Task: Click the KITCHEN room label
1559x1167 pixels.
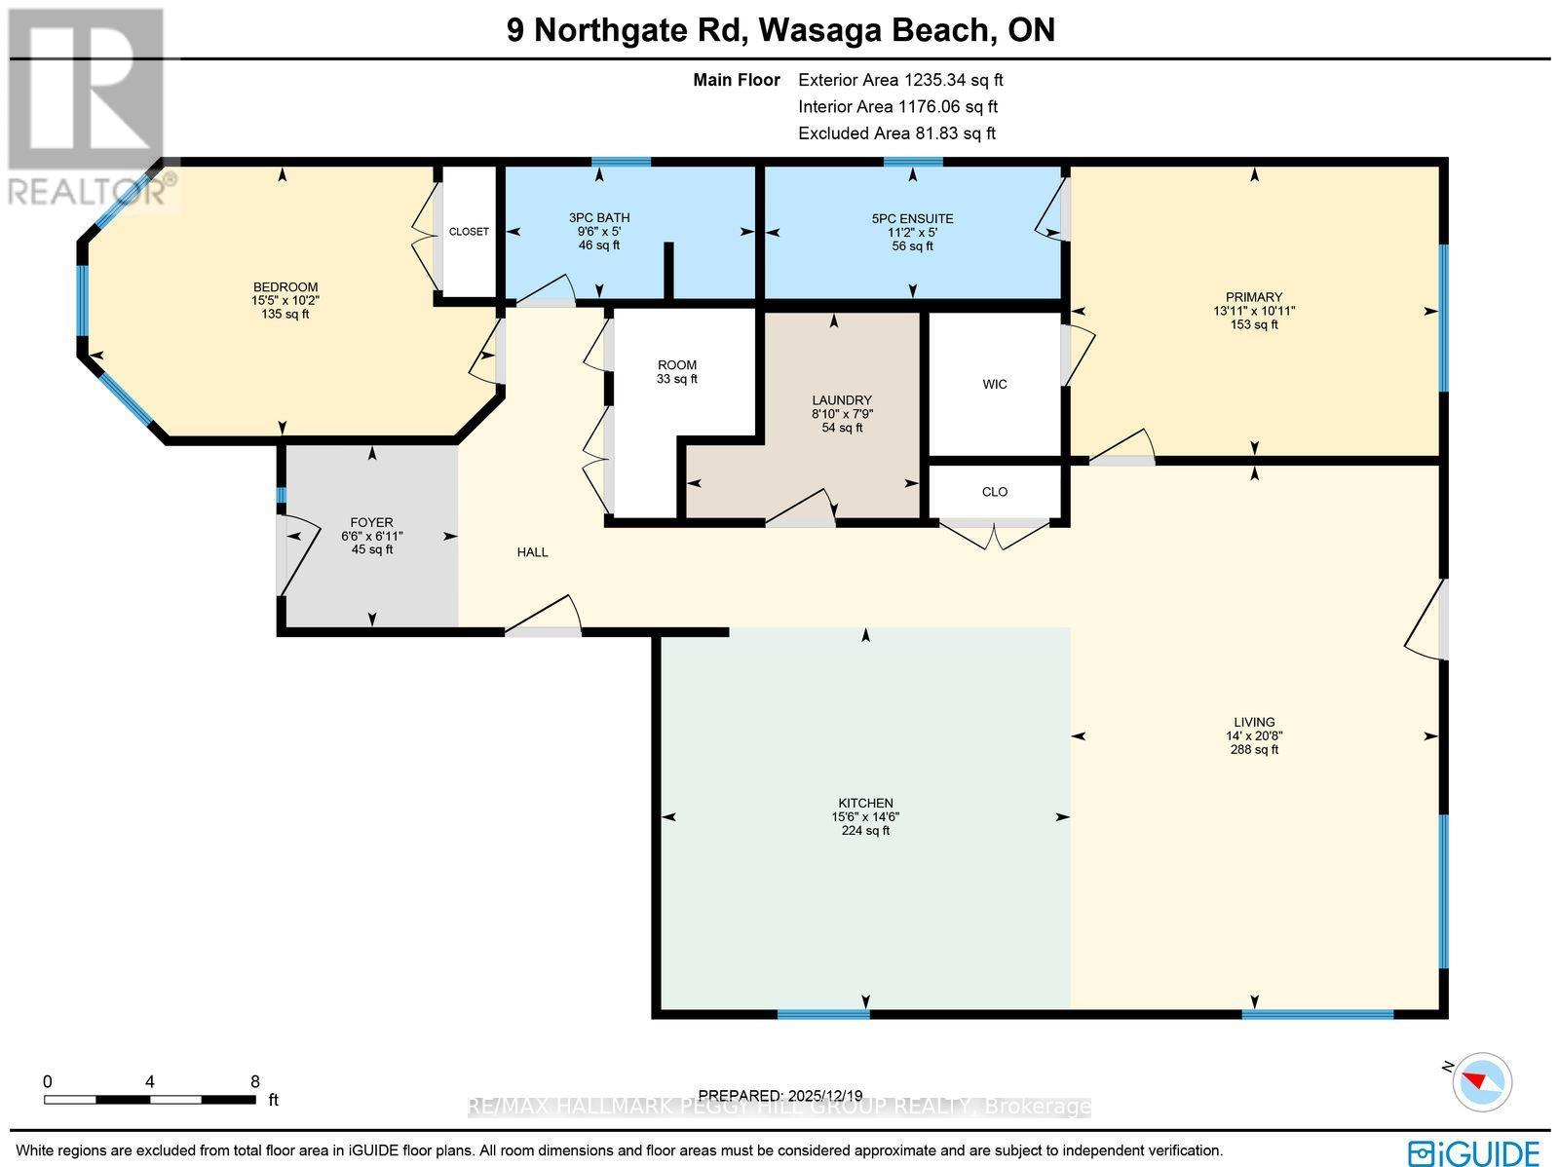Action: pos(865,803)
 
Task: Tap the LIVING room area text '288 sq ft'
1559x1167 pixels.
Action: pos(1254,750)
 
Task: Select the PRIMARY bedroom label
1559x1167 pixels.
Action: pos(1254,297)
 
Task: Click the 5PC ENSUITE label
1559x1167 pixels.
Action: pos(912,219)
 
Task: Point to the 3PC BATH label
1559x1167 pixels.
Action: pos(598,218)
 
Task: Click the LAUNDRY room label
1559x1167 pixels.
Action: pos(842,400)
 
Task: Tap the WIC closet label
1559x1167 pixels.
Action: pos(994,384)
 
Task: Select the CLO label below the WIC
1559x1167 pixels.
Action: pos(994,491)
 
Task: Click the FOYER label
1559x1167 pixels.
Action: pos(371,522)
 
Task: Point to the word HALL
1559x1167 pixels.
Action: pos(532,552)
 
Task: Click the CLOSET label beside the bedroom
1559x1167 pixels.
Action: pos(469,232)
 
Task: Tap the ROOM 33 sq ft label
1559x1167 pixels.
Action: pos(676,372)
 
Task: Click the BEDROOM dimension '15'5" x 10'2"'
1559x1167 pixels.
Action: pos(285,300)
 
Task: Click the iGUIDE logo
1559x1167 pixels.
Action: pos(1474,1152)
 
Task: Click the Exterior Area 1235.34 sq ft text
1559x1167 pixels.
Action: pos(900,80)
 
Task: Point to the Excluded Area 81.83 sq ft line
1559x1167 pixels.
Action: pos(896,133)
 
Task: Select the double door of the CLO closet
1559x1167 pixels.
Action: pos(994,534)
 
